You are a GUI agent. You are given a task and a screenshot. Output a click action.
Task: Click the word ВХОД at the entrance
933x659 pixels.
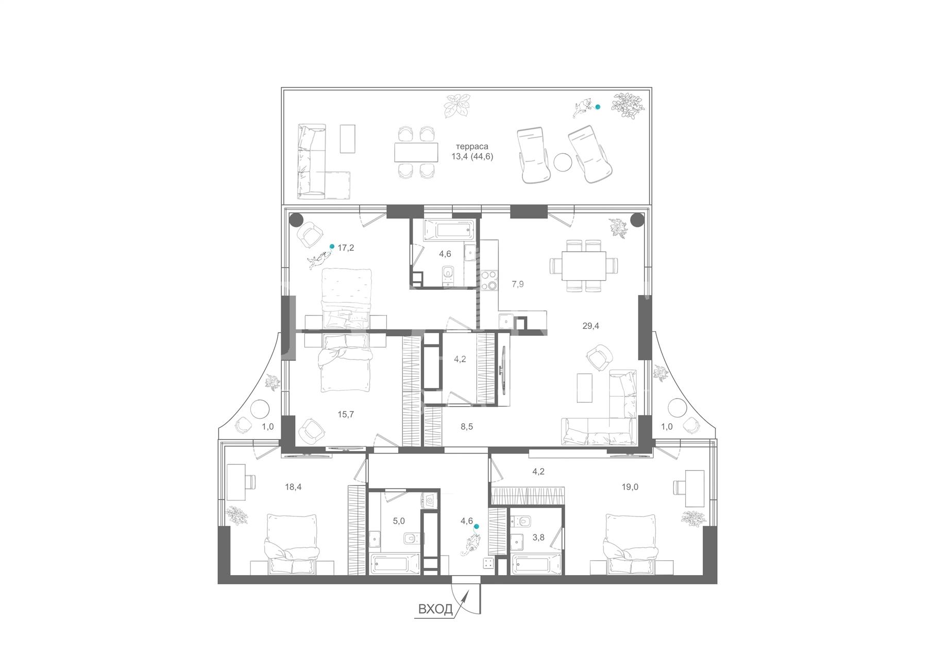(435, 610)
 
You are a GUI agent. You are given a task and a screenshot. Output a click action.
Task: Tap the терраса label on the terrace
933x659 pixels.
(472, 147)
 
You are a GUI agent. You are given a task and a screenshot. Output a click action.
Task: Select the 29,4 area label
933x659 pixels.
(590, 326)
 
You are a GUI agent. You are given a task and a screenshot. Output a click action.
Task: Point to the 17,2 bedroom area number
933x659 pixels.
(346, 248)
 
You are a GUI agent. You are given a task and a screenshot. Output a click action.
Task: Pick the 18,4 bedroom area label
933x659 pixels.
(293, 486)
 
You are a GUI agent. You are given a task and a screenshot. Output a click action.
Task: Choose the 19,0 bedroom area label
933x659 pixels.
(630, 487)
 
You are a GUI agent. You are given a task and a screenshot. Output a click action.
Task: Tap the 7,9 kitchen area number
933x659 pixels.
(518, 284)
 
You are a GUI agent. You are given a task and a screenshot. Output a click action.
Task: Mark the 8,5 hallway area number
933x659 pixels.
(467, 426)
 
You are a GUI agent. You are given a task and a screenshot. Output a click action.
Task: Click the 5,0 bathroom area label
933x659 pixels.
(399, 521)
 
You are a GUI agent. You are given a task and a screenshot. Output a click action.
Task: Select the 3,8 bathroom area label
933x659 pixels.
(538, 537)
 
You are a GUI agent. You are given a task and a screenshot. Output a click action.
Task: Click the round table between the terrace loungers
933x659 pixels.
(563, 162)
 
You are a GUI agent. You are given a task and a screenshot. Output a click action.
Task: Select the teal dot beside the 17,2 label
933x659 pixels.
(332, 246)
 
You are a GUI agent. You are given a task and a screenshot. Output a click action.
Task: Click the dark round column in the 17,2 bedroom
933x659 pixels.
(296, 220)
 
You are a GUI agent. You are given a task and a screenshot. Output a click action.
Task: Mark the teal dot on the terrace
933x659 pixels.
(598, 107)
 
